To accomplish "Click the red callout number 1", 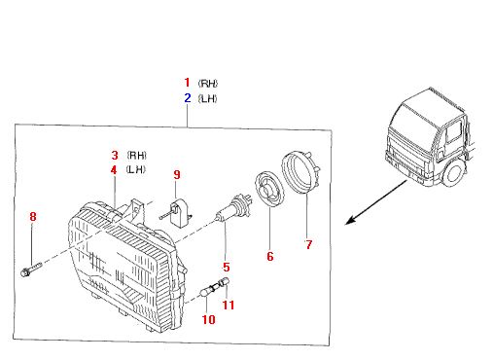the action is pos(187,83).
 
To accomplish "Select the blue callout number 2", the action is pos(188,98).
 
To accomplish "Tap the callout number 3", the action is pos(115,155).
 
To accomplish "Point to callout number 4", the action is pos(114,169).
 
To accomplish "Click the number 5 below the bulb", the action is pos(227,268).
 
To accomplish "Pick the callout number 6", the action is pos(270,256).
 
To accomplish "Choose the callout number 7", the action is pos(309,244).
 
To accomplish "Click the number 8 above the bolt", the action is pos(33,216).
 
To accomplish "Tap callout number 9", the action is pos(177,174).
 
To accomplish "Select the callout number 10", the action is pos(208,319).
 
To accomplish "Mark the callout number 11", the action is pos(229,305).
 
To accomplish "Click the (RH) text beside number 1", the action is pos(208,84).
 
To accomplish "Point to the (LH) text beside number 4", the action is pos(136,169).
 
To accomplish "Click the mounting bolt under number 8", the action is pos(31,270).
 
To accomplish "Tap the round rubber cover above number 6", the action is pos(269,190).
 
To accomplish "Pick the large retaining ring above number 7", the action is pos(300,173).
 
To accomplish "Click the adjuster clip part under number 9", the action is pos(177,212).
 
